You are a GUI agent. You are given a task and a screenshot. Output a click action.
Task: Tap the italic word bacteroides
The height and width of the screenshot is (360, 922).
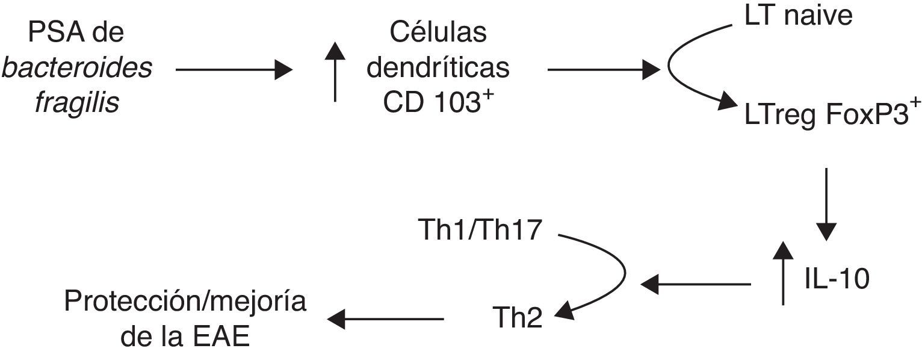[76, 69]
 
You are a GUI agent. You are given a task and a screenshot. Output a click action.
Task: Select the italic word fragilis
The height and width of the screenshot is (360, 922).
[76, 104]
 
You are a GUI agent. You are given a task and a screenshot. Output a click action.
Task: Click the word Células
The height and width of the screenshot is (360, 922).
[438, 33]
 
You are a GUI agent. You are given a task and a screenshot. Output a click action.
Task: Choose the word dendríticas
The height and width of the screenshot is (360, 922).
[438, 69]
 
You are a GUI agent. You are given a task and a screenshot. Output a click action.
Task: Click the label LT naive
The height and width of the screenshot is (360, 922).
[798, 16]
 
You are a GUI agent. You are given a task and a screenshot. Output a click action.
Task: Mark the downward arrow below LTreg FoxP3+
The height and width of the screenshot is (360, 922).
[825, 205]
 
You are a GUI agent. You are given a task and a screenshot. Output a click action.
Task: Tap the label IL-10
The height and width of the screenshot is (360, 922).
[837, 281]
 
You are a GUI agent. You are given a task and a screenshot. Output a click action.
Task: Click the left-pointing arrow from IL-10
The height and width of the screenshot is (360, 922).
[696, 282]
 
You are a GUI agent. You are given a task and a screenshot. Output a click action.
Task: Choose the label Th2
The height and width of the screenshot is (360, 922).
[517, 318]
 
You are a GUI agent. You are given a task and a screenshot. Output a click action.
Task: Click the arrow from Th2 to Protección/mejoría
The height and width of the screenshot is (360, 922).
[385, 318]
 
